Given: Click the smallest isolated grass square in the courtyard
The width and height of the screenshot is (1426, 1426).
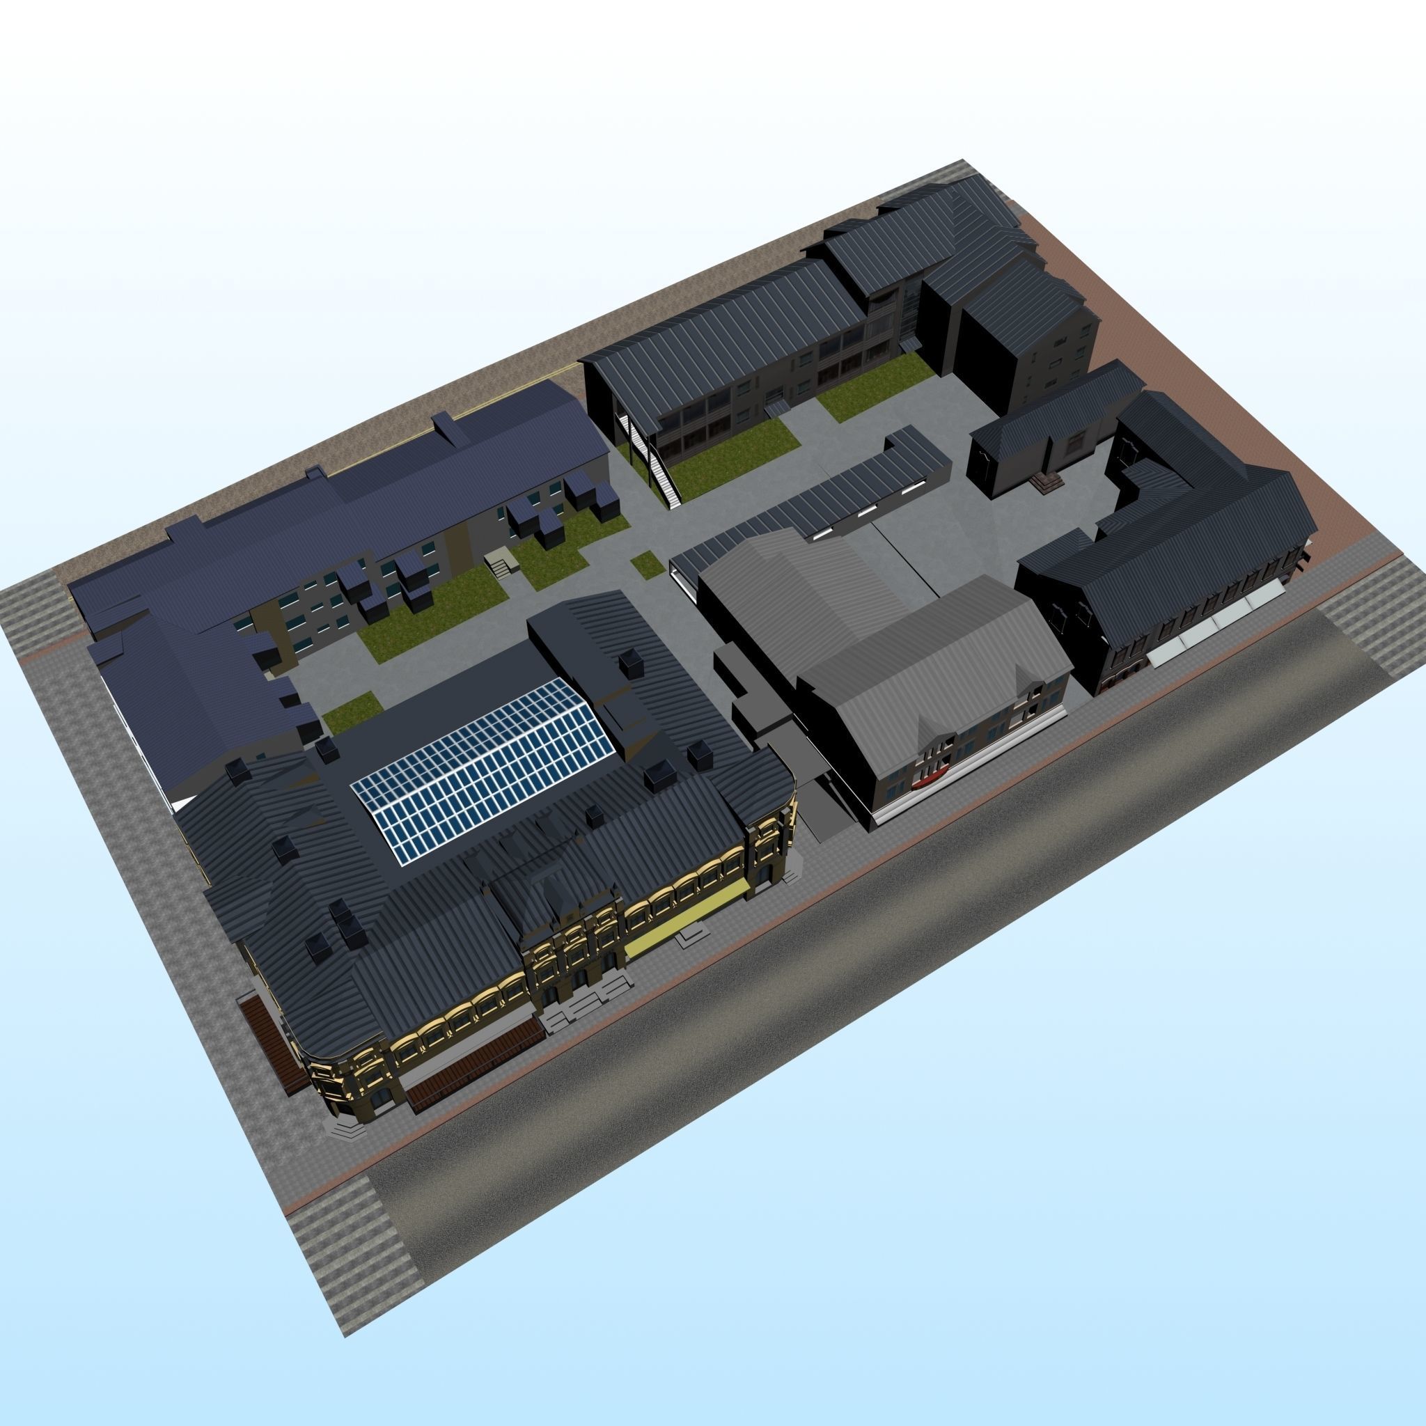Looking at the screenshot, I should point(647,564).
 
